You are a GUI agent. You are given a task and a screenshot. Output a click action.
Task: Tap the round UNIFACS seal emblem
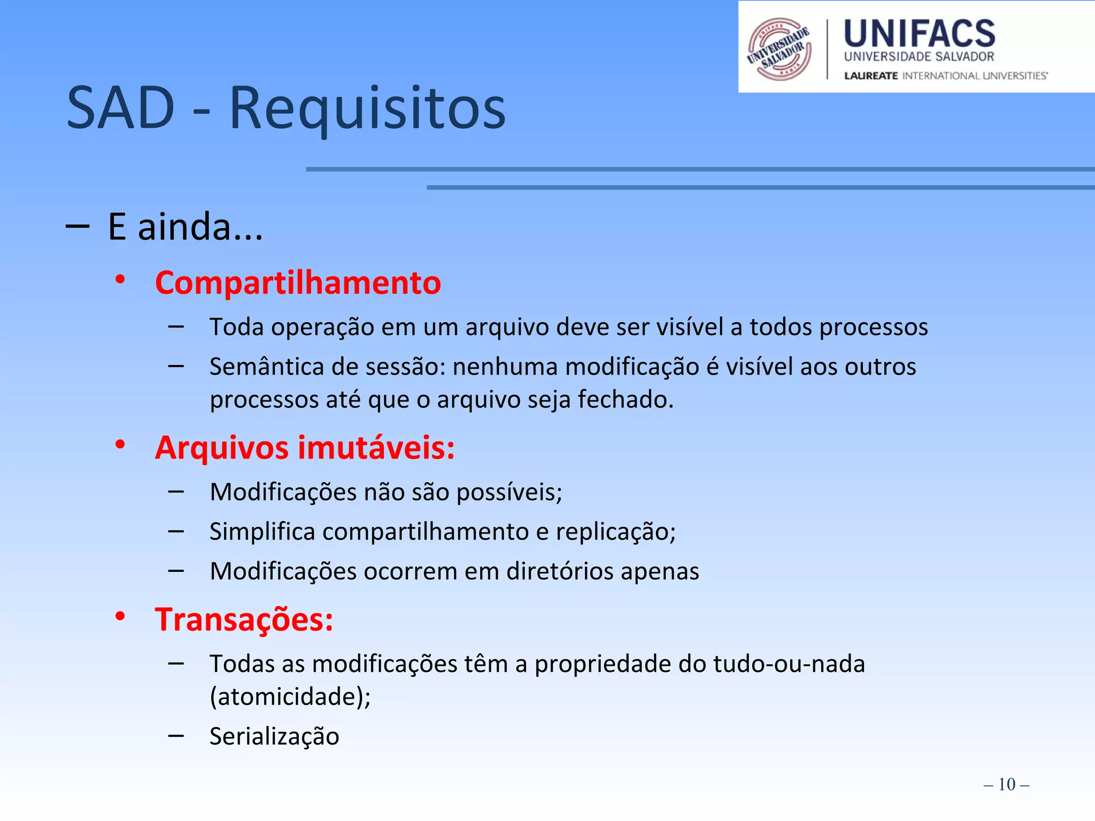(779, 49)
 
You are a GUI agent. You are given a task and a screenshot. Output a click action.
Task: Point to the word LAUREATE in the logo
(870, 76)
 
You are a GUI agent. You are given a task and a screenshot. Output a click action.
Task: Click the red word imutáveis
(376, 447)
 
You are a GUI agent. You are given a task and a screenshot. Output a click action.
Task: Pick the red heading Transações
(244, 619)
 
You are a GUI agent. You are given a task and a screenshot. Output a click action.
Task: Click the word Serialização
(274, 736)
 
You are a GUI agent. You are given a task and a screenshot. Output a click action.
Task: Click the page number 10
(1006, 784)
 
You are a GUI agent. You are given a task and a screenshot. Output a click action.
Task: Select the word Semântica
(267, 367)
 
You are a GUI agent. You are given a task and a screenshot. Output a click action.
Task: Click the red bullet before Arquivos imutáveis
(120, 444)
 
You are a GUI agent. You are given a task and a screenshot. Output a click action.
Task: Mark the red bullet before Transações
(120, 616)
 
